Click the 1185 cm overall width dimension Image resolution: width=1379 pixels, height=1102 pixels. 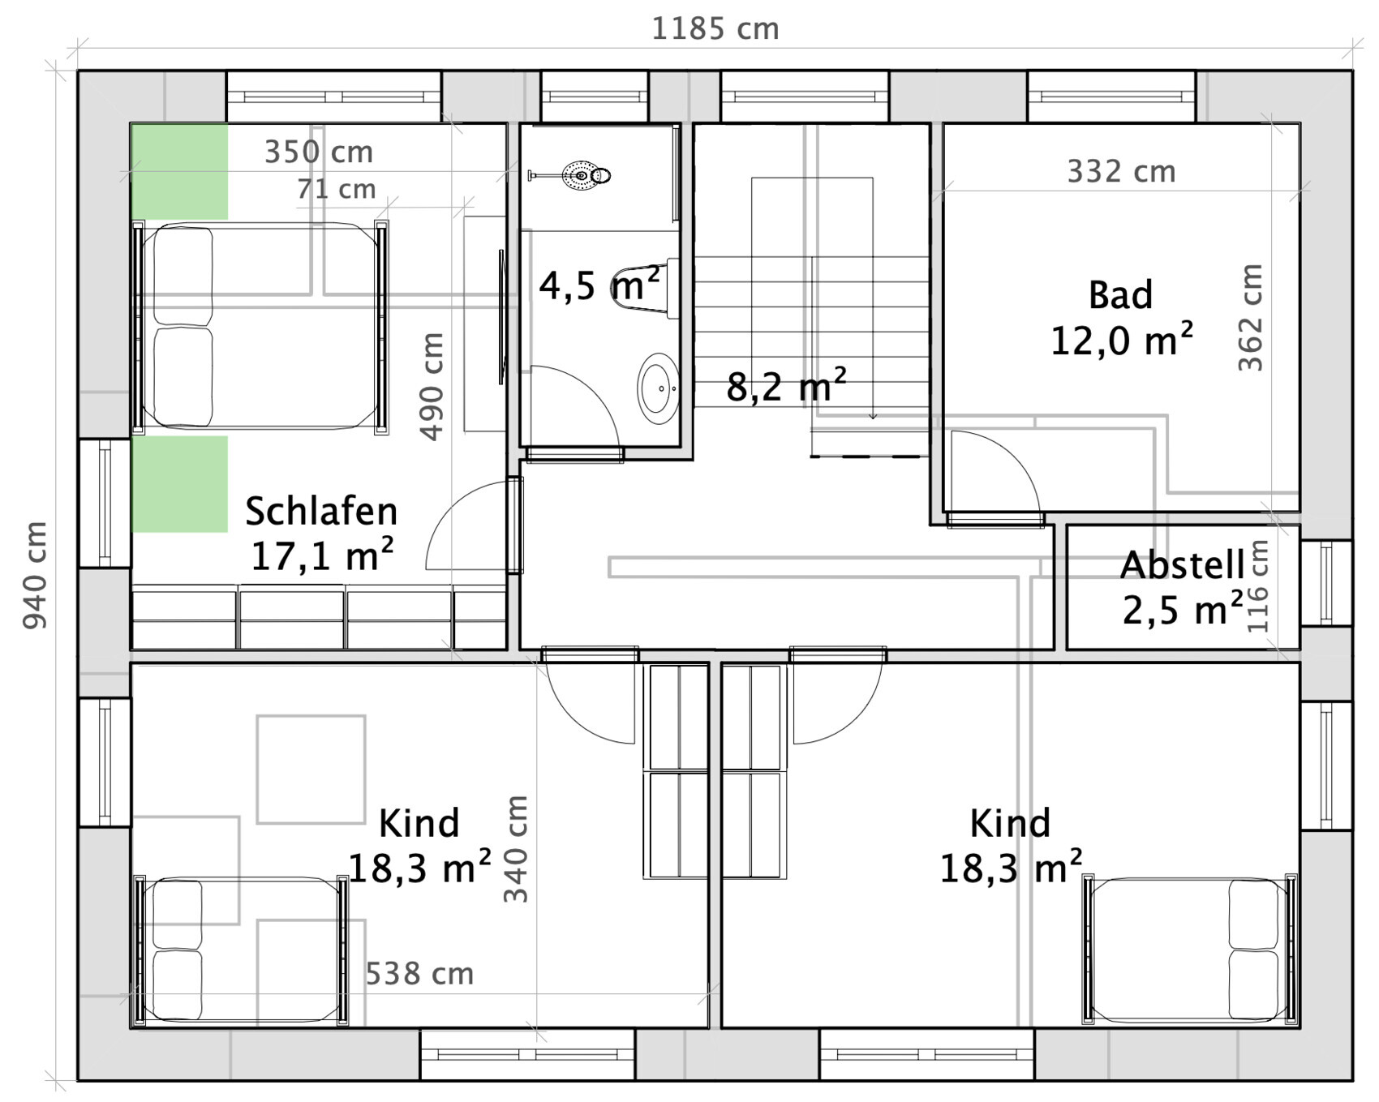715,29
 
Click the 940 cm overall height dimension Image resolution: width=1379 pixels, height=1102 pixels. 35,575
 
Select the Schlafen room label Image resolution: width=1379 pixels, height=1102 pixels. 321,512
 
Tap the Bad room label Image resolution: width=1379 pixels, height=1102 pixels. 1119,295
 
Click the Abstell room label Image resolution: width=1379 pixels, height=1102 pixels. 1181,565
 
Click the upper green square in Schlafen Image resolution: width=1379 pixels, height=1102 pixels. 179,171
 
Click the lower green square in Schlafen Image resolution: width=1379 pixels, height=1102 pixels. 179,484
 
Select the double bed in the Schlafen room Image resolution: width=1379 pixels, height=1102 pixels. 260,327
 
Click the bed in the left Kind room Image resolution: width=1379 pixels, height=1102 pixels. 241,950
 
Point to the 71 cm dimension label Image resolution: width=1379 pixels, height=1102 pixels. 336,190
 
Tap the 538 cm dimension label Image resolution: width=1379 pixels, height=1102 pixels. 419,974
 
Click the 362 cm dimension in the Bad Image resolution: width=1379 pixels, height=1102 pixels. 1250,318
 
